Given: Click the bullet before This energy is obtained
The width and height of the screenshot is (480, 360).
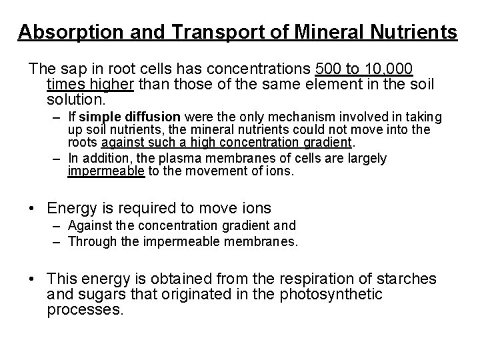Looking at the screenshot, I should point(33,278).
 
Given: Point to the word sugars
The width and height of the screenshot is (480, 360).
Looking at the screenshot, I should point(99,293).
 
